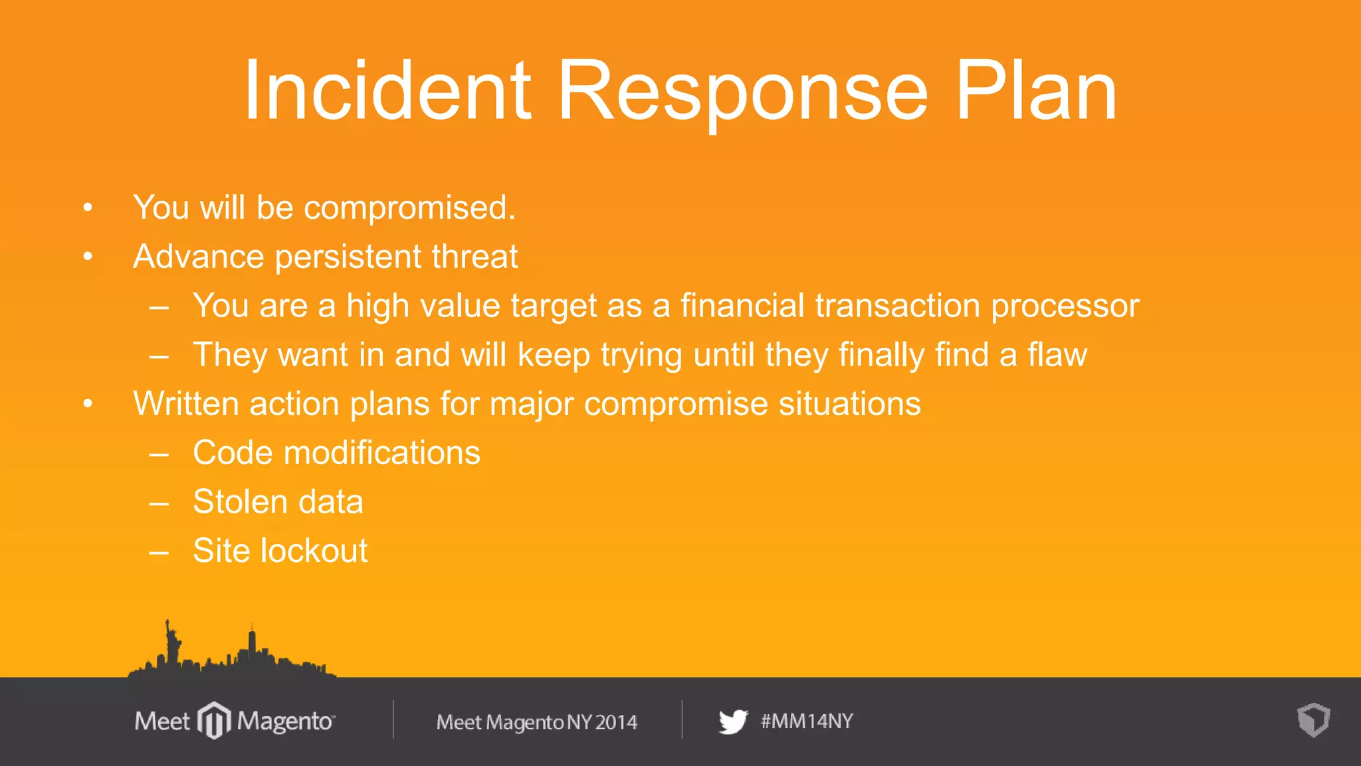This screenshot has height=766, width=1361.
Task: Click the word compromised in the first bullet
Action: (x=409, y=207)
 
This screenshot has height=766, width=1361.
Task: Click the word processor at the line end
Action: (x=1065, y=306)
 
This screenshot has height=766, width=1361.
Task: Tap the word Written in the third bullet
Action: (x=185, y=404)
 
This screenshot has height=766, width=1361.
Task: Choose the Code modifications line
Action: (x=336, y=453)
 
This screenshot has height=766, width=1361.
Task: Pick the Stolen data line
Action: (x=278, y=502)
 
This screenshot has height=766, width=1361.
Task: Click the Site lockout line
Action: (x=280, y=551)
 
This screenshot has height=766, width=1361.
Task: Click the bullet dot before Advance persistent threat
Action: (x=88, y=257)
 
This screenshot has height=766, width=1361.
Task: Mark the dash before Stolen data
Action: (x=159, y=503)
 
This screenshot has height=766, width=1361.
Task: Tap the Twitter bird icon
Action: (x=733, y=721)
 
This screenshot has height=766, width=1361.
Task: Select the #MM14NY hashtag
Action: (x=807, y=721)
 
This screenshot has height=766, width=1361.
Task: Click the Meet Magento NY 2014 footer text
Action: (x=536, y=722)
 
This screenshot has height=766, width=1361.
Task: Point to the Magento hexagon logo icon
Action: (x=214, y=720)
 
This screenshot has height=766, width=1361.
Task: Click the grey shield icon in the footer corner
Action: (x=1313, y=720)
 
